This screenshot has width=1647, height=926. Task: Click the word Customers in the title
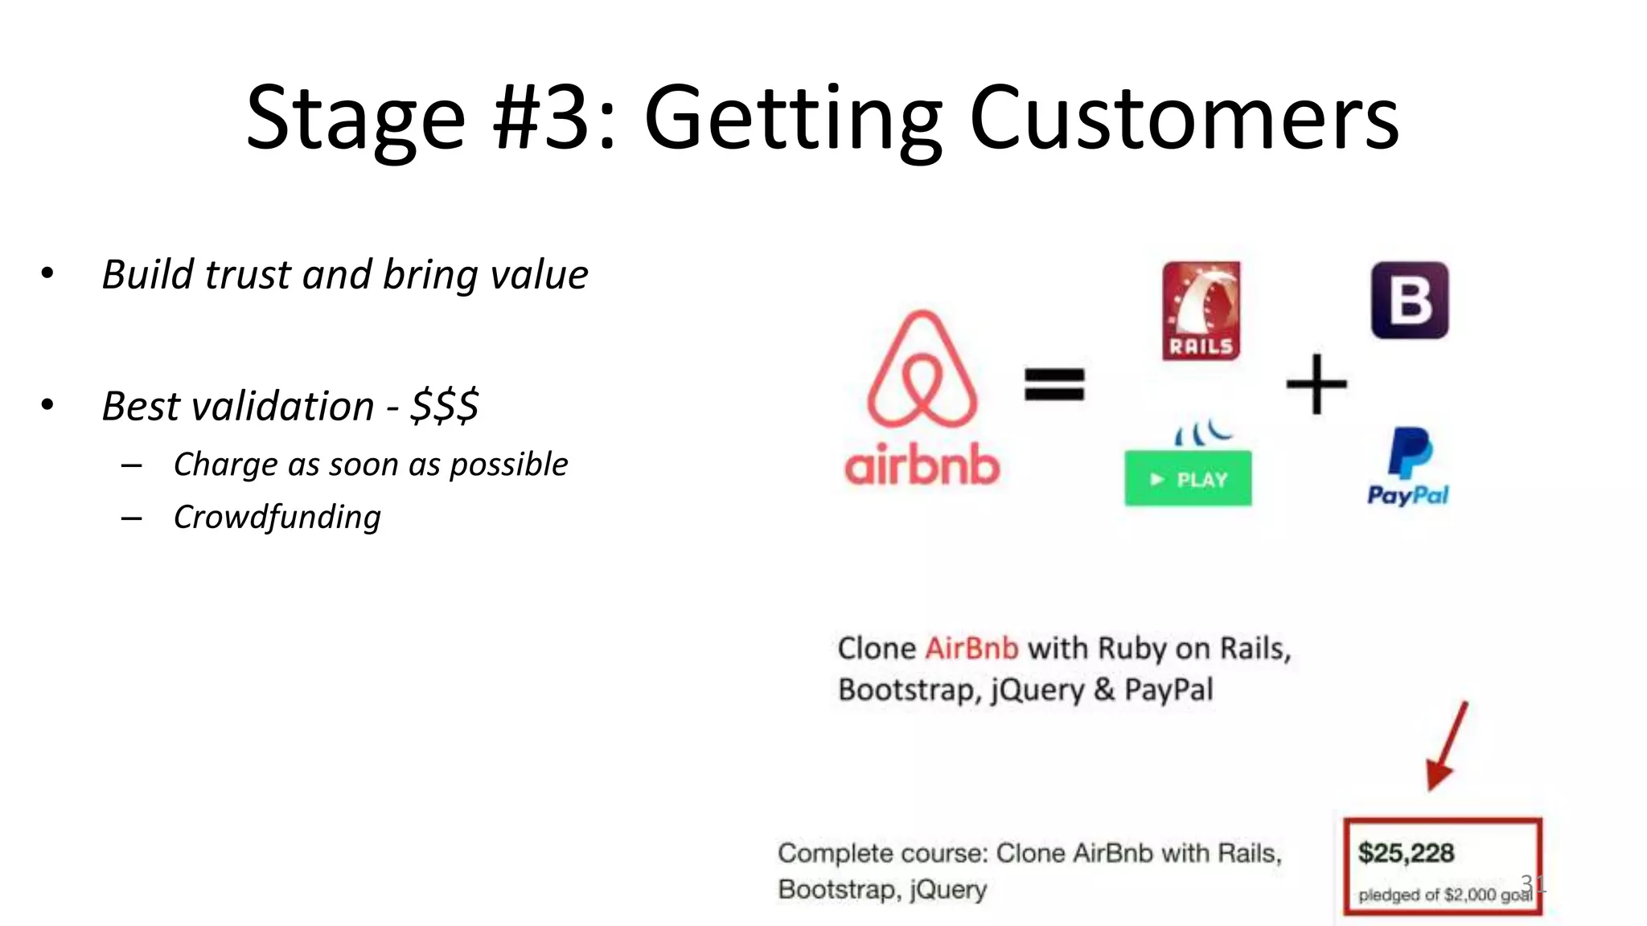coord(1184,119)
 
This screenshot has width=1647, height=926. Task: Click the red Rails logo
coord(1201,310)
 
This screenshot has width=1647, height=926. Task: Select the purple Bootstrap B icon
coord(1409,301)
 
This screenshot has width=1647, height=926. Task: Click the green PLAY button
coord(1188,479)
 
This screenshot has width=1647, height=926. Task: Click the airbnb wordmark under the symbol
coord(922,465)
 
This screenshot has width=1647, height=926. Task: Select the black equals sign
coord(1054,383)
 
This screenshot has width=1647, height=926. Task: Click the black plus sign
coord(1316,384)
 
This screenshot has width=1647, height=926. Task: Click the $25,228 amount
coord(1406,853)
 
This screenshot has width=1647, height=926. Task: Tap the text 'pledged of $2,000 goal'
coord(1444,895)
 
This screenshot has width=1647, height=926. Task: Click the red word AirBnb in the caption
coord(971,648)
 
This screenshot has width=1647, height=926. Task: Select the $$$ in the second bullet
coord(444,405)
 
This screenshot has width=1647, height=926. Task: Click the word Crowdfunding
coord(277,517)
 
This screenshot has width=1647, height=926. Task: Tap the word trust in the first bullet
coord(247,275)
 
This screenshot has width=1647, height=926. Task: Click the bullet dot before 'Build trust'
coord(47,274)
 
